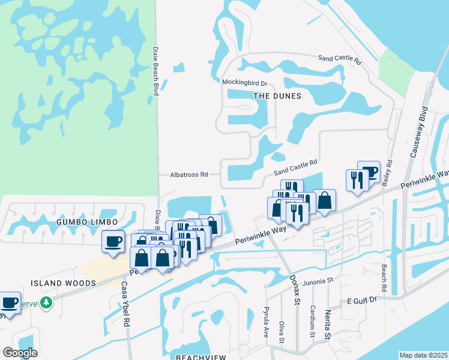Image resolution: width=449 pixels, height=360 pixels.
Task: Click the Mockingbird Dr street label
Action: pos(244,82)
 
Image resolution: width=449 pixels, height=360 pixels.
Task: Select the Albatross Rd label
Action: pos(188,175)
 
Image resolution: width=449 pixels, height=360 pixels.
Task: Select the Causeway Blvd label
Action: pos(418,133)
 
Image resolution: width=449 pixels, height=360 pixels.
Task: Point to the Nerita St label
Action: pos(328,328)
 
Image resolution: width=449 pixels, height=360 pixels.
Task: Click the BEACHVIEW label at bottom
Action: pos(200,356)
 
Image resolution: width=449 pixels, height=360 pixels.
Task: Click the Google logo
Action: pos(20,353)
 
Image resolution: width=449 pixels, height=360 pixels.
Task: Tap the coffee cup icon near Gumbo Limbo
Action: pos(113,241)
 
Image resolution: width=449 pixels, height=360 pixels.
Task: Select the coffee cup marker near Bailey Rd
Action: pos(369,172)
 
